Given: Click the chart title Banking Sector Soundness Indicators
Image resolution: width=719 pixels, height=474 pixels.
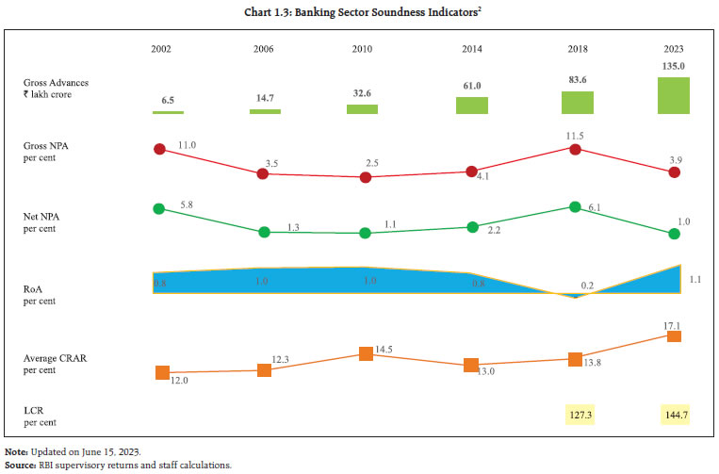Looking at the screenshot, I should [x=359, y=10].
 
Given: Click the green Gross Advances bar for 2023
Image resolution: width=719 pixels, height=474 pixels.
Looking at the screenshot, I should [x=674, y=96].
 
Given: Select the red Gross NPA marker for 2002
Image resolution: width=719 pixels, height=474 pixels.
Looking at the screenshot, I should [x=158, y=149].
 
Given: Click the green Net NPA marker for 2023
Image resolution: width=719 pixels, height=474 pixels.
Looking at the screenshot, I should [x=674, y=234].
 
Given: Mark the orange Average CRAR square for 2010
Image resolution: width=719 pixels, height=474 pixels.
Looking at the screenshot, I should [x=367, y=354].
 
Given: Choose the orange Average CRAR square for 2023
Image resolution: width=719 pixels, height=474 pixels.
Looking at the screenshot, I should [x=674, y=336].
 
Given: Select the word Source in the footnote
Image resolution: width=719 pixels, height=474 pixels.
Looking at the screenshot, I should [x=21, y=465].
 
